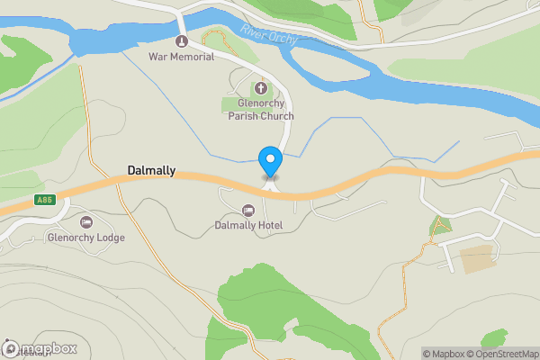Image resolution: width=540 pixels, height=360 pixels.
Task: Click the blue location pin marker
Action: pos(270,160)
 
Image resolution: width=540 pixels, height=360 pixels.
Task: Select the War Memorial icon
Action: pos(181,41)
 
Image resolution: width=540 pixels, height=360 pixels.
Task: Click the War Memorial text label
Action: pos(181,57)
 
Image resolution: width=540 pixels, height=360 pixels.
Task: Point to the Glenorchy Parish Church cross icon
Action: pos(261,88)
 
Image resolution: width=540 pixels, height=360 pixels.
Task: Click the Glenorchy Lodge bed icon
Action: pos(86,222)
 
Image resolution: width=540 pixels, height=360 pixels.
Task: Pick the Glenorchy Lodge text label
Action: pos(86,238)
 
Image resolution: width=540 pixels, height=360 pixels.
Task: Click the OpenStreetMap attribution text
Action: pos(501,354)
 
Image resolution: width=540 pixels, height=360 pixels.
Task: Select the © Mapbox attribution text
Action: pos(444,354)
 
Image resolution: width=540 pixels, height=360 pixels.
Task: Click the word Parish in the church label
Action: pos(253,116)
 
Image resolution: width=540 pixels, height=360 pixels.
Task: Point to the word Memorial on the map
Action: pos(194,57)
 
